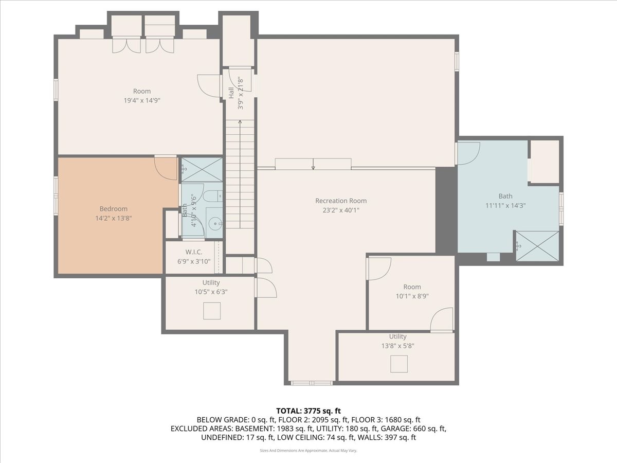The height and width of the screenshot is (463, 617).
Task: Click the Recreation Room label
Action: pos(341,201)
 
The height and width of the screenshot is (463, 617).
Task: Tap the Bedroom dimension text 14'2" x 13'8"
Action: pos(113,218)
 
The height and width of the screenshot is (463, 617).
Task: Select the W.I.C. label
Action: pos(194,252)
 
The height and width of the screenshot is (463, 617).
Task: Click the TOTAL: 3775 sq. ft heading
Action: pos(308,411)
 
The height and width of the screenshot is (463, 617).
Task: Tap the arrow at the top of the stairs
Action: pos(240,122)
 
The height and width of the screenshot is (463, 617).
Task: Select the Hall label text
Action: pos(231,93)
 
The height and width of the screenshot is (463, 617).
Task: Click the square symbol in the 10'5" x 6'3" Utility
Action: pos(211,311)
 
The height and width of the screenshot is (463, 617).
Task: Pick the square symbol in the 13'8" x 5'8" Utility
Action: pos(398,364)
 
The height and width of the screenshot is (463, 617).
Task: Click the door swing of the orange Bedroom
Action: pos(166,168)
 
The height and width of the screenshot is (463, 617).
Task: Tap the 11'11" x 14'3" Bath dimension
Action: pos(505,205)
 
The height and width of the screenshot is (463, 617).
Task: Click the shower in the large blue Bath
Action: pos(537,246)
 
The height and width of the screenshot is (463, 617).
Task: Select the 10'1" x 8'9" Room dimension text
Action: pos(412,296)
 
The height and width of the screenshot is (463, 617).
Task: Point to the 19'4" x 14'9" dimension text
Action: pos(142,101)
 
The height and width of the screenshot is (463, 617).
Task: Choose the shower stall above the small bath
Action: pos(202,169)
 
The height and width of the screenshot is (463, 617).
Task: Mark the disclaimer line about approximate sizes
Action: pos(308,451)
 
